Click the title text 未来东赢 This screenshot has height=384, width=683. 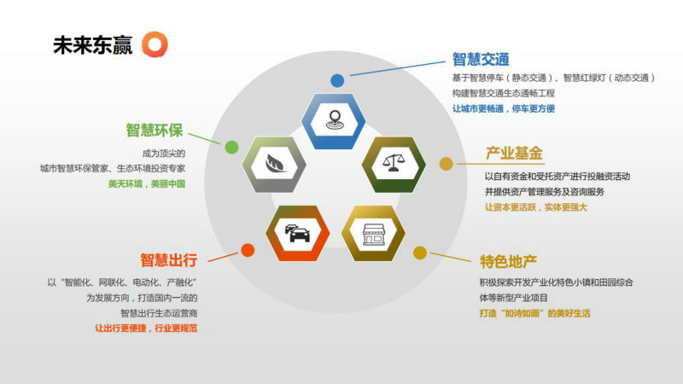92,45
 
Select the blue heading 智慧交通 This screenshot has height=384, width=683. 481,59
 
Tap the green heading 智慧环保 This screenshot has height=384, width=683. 155,131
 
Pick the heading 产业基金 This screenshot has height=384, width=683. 514,154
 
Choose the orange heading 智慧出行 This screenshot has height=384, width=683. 168,260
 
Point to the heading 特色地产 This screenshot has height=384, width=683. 508,262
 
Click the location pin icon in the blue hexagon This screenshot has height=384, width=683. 335,120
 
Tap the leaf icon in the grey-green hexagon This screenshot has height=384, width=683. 275,164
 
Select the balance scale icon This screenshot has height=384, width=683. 394,163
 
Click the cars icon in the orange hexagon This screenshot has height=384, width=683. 297,233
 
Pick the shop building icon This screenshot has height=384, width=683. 374,234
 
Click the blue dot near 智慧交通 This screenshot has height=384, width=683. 337,80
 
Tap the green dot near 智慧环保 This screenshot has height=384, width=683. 231,147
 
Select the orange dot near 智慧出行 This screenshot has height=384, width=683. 248,250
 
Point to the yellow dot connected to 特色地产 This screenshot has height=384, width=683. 420,253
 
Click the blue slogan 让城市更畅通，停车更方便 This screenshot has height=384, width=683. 504,108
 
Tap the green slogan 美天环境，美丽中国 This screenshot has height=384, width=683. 147,183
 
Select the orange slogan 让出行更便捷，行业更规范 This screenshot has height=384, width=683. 146,328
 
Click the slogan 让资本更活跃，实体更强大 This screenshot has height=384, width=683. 536,207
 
